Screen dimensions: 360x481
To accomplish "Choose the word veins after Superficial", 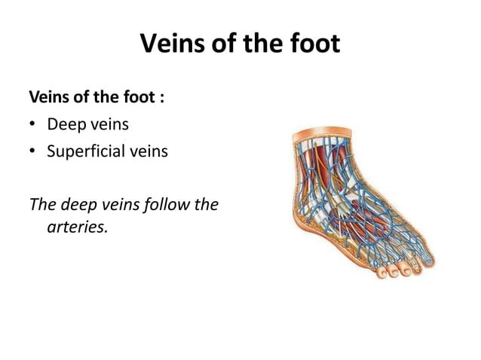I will point(147,151).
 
